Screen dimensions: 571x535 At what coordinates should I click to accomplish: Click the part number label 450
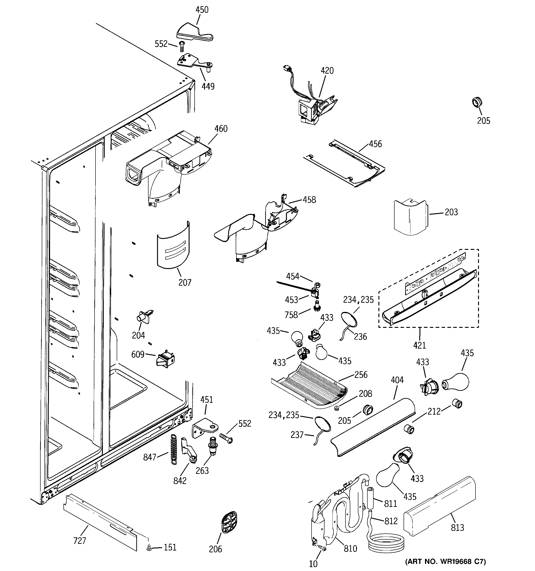pos(202,10)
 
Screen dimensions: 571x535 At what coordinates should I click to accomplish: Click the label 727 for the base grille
pos(80,541)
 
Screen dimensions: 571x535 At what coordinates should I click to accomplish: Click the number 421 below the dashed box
pos(419,345)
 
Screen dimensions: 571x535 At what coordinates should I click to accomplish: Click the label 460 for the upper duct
pos(221,129)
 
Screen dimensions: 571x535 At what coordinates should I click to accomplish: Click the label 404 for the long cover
pos(397,380)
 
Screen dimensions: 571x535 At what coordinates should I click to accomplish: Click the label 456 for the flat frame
pos(375,144)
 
